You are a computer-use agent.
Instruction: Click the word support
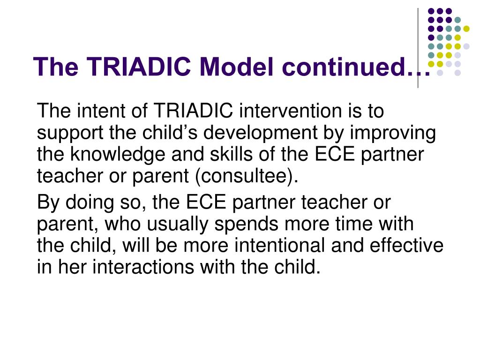click(69, 134)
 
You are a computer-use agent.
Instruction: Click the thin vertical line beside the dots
click(418, 47)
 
